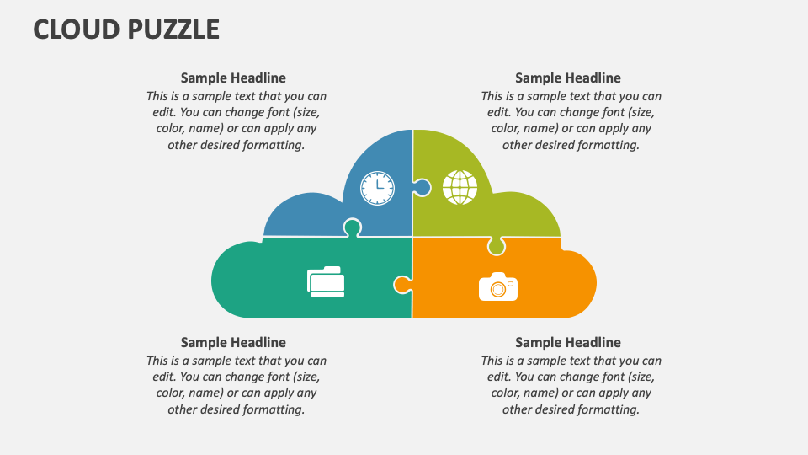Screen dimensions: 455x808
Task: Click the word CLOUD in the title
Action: tap(77, 29)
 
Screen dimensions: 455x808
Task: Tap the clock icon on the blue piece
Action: tap(377, 187)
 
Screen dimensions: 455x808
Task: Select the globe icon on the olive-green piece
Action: tap(460, 187)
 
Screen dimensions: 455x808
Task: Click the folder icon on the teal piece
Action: tap(326, 281)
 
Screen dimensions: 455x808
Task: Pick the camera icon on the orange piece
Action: tap(498, 286)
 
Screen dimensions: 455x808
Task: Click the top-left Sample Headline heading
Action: tap(233, 78)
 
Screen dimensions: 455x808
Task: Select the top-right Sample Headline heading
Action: tap(568, 78)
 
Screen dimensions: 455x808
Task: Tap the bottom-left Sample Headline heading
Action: tap(233, 342)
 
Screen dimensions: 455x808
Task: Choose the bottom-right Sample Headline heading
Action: tap(568, 342)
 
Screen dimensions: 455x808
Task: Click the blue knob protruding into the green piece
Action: tap(423, 187)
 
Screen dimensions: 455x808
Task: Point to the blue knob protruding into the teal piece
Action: tap(352, 227)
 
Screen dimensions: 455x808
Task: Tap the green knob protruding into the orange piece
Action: tap(497, 246)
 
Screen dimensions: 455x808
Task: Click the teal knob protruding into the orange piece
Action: tap(401, 285)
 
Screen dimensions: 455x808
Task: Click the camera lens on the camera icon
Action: tap(498, 289)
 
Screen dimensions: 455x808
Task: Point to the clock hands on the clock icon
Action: tap(380, 185)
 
